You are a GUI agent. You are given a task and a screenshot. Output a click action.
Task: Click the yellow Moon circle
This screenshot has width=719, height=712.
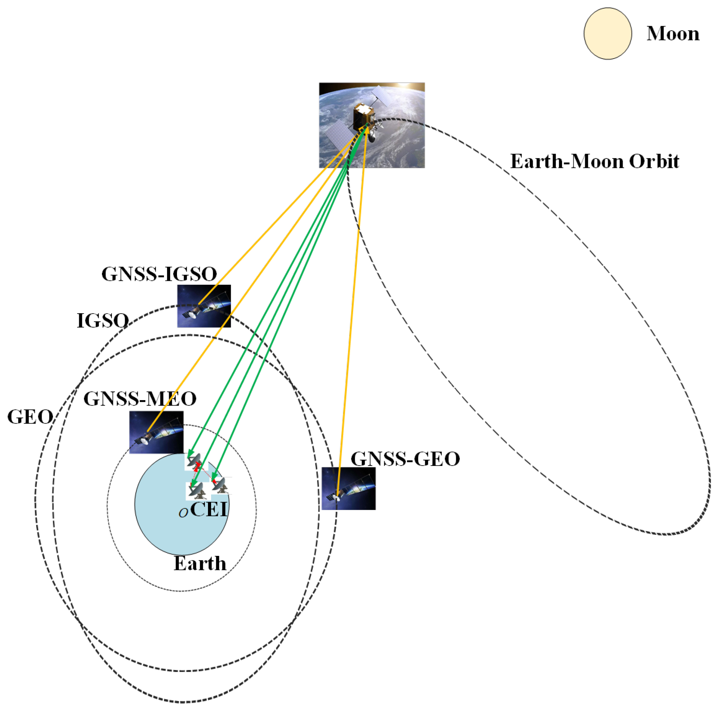607,33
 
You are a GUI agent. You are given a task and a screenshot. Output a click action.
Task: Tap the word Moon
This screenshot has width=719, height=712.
673,34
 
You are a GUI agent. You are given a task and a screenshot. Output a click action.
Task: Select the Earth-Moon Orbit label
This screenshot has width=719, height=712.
594,162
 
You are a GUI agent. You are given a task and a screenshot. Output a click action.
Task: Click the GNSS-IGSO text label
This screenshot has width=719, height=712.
159,274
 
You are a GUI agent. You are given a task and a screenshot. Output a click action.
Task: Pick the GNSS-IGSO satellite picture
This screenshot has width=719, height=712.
204,306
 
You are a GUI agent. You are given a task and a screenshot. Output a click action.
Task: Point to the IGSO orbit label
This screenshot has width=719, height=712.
103,321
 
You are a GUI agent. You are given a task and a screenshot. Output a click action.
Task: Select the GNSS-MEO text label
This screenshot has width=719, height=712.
139,399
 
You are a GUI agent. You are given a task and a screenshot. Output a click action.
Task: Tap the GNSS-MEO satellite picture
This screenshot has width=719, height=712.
156,432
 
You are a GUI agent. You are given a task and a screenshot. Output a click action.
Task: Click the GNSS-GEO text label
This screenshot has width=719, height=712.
405,459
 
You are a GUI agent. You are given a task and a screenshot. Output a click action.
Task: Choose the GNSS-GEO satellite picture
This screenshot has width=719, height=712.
348,489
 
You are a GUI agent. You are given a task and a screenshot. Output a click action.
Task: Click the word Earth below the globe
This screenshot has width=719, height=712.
200,563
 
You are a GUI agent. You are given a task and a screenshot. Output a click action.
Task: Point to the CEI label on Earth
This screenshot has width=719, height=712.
209,509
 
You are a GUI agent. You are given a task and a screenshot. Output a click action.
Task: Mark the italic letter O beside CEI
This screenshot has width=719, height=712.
183,513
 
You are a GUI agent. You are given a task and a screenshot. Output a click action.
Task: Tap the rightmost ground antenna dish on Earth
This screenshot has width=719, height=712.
221,485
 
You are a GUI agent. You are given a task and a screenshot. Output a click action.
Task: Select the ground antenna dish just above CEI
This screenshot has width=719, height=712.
197,491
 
